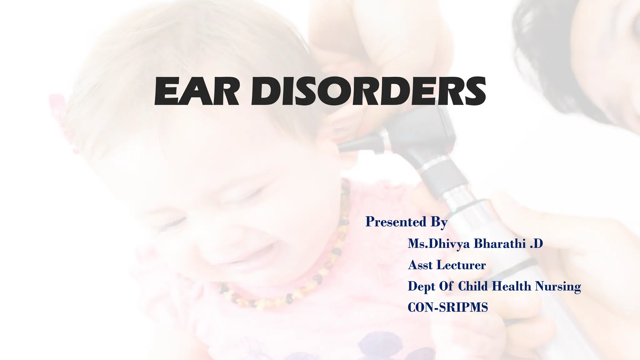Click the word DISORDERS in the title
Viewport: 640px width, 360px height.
point(369,91)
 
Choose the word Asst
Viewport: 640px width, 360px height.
point(420,265)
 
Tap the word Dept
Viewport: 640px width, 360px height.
point(421,287)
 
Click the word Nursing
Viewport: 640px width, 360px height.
point(558,287)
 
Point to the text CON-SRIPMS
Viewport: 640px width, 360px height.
point(448,307)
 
